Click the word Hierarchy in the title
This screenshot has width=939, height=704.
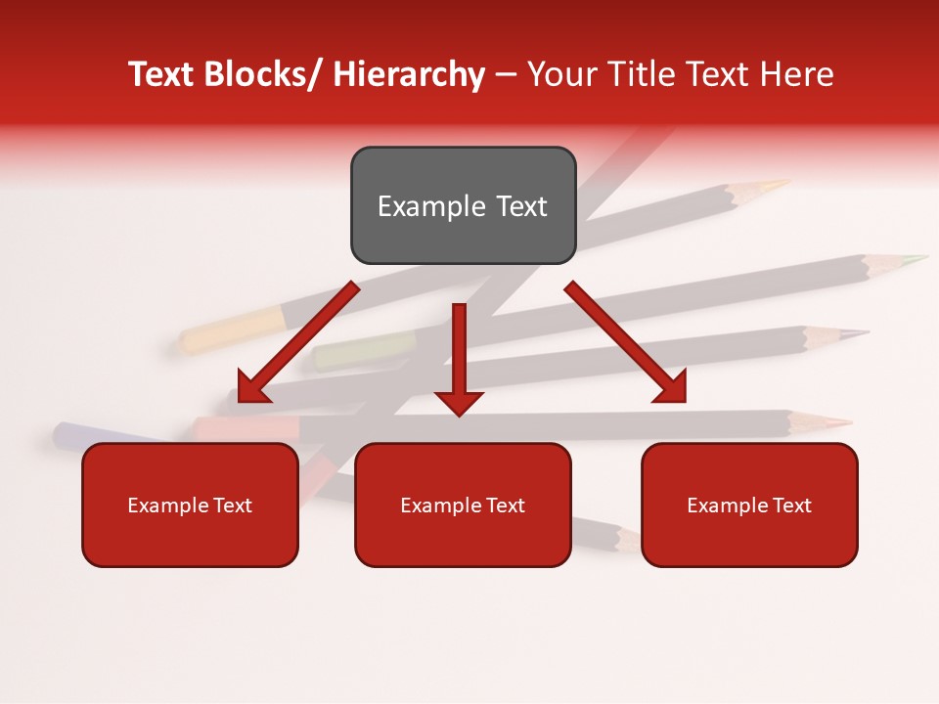[x=409, y=74]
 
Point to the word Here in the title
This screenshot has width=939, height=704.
[x=796, y=74]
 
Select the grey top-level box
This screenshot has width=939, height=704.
[x=463, y=205]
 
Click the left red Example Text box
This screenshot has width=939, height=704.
[x=190, y=505]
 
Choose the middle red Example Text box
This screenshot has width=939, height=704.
[x=463, y=505]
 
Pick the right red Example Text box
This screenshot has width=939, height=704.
[x=749, y=505]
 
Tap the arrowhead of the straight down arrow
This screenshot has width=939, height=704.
[x=459, y=401]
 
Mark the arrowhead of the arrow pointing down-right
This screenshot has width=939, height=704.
[x=669, y=386]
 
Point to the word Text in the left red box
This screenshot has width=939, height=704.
[x=231, y=506]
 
